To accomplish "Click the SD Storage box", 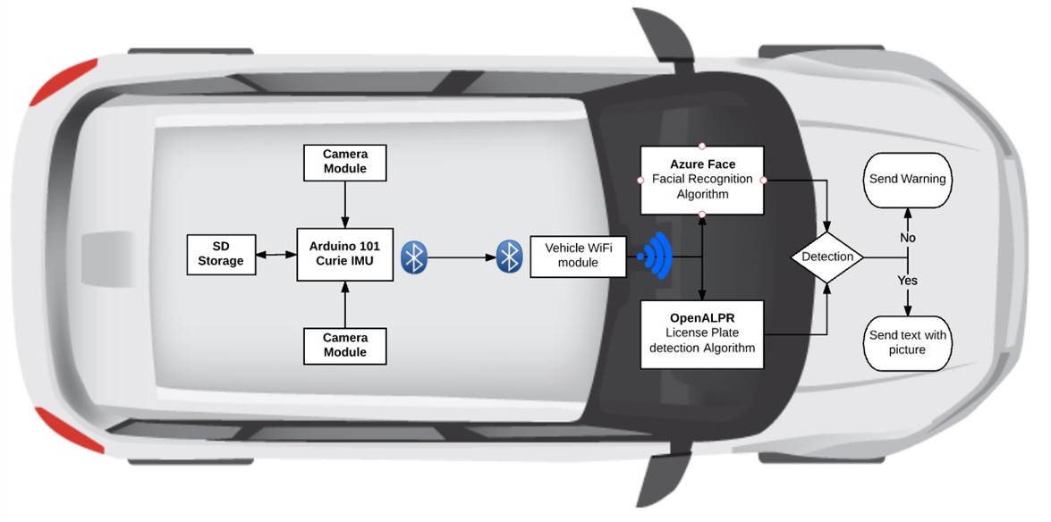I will tap(221, 254).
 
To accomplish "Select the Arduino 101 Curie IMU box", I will tap(345, 254).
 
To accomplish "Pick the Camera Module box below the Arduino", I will tap(345, 345).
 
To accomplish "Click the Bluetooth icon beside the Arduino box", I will tap(414, 257).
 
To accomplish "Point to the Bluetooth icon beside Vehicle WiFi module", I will tap(510, 257).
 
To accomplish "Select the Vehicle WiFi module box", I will tap(578, 257).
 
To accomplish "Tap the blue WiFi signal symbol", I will tap(655, 257).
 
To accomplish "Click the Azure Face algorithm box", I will tap(702, 179).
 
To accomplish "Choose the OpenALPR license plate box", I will tap(702, 333).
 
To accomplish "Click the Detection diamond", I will tap(827, 257).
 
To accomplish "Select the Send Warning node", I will tap(907, 179).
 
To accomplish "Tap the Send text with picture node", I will tap(907, 342).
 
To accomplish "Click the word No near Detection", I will tap(908, 238).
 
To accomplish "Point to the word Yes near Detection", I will tap(908, 280).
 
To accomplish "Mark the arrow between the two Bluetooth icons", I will tap(462, 257).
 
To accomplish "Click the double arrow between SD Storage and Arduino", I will tap(276, 255).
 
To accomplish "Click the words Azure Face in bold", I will tap(702, 164).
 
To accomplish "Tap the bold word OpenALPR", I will tap(702, 317).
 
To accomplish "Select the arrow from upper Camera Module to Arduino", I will tap(345, 205).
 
